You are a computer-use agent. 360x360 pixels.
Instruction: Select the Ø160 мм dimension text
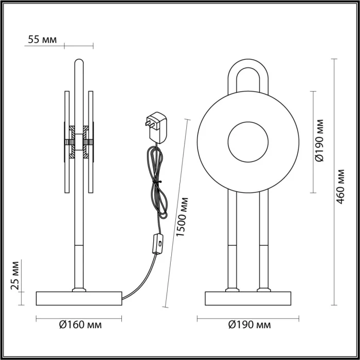coord(80,325)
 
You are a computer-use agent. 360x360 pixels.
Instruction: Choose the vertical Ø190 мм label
coord(320,141)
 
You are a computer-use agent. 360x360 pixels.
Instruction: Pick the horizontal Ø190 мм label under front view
coord(249,325)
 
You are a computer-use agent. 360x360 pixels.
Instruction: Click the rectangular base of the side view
coord(79,298)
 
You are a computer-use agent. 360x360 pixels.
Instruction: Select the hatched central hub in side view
coord(78,141)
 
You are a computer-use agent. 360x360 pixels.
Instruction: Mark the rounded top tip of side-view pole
coord(78,62)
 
